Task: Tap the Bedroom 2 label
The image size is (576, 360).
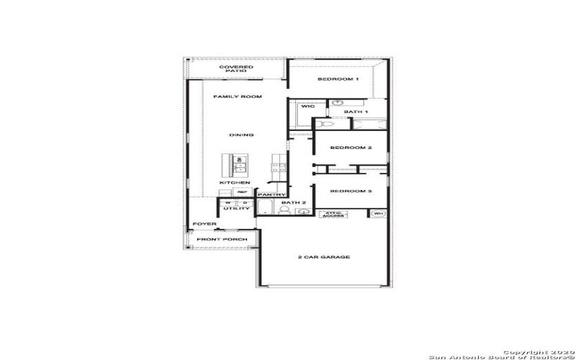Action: pyautogui.click(x=351, y=148)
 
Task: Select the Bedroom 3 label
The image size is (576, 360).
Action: pyautogui.click(x=351, y=191)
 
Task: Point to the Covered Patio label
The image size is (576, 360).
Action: pyautogui.click(x=236, y=69)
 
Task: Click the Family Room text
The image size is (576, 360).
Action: pyautogui.click(x=237, y=96)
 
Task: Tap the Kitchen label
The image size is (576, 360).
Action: pyautogui.click(x=235, y=183)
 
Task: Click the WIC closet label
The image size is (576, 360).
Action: pyautogui.click(x=308, y=107)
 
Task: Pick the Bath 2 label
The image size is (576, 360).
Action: pyautogui.click(x=294, y=203)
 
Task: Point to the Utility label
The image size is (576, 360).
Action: pyautogui.click(x=236, y=209)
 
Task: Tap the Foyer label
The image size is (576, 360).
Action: pyautogui.click(x=204, y=224)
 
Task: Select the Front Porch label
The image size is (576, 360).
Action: pyautogui.click(x=222, y=239)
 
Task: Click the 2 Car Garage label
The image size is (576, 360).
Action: pyautogui.click(x=324, y=257)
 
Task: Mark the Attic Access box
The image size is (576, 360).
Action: pyautogui.click(x=333, y=215)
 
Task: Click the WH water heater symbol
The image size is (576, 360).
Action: pyautogui.click(x=378, y=214)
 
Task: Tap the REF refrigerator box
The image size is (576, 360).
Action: pyautogui.click(x=243, y=192)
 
